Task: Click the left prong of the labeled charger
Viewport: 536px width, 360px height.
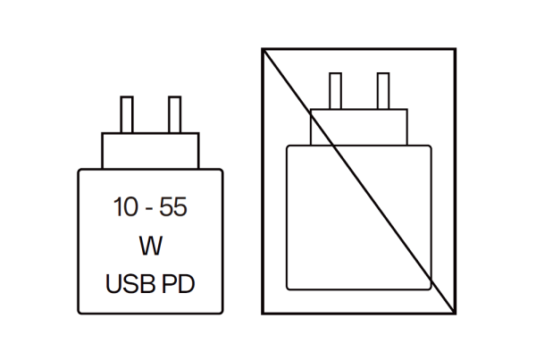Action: [127, 114]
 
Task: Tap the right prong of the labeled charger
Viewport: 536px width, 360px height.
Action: [175, 114]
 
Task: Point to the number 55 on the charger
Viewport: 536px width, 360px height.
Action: [173, 207]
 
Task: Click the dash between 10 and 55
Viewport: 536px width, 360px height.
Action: [149, 209]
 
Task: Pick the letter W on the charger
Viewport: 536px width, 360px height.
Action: [150, 246]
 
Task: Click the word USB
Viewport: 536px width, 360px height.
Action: [130, 284]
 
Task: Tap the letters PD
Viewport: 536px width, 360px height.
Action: [178, 284]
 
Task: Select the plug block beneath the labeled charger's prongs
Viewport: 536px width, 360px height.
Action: [150, 151]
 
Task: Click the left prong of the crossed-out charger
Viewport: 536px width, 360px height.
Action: [335, 91]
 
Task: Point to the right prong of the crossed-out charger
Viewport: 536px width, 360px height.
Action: [383, 91]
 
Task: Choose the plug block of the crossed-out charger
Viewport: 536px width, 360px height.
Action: [359, 127]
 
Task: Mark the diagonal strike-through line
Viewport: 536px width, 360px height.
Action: [359, 181]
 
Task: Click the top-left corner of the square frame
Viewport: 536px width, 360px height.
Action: [263, 49]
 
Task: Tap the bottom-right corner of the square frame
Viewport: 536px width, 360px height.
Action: [456, 314]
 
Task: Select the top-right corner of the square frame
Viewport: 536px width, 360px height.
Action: [456, 49]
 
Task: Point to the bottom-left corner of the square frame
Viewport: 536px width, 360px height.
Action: [263, 314]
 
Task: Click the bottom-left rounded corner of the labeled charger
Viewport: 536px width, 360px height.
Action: [80, 312]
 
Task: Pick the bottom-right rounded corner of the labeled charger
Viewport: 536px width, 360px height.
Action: [222, 312]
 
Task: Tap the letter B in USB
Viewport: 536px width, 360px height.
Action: [148, 284]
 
